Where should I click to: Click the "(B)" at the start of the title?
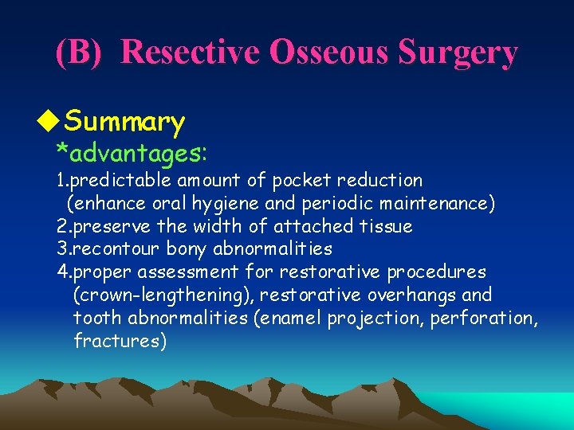pos(79,53)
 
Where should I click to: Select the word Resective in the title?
pos(192,53)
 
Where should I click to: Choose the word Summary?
pos(124,122)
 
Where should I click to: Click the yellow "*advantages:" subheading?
pos(132,150)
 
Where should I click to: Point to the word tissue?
pos(384,226)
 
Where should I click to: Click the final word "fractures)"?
pos(120,342)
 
